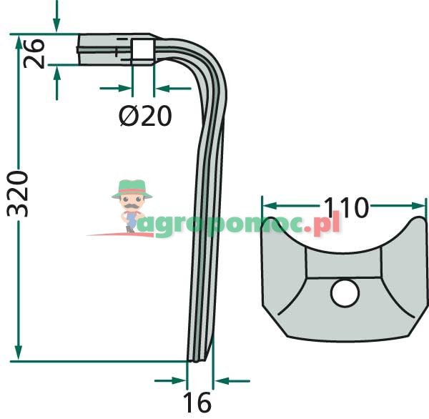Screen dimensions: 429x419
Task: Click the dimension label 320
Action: click(x=17, y=194)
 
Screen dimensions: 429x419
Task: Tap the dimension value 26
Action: click(x=34, y=54)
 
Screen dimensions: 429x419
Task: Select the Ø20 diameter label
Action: click(x=145, y=116)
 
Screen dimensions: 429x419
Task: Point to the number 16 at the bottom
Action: click(x=197, y=402)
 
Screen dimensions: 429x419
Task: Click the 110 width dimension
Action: click(x=346, y=207)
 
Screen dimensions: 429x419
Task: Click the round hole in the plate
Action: click(x=345, y=293)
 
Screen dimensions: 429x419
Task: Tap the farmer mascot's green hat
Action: click(x=132, y=189)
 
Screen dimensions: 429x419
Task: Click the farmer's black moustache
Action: click(x=132, y=205)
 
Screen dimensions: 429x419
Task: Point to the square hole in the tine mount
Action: click(x=142, y=49)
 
